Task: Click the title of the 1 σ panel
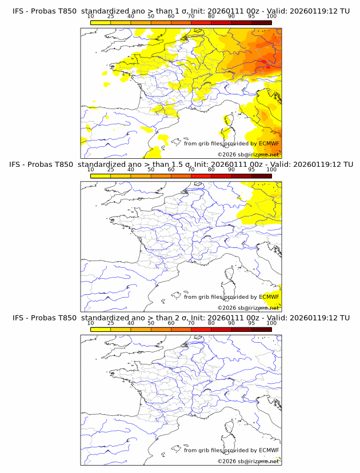click(x=181, y=11)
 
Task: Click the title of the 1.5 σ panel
click(x=181, y=165)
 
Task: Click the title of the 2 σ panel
click(x=181, y=318)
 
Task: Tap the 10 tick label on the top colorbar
click(x=90, y=17)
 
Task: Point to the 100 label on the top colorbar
click(x=271, y=17)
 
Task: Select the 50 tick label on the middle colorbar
click(x=151, y=170)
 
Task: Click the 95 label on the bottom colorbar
click(x=251, y=323)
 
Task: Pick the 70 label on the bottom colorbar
click(x=191, y=323)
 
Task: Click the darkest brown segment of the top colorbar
click(x=261, y=22)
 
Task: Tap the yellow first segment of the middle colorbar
click(x=101, y=176)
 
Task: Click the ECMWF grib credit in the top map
click(x=231, y=143)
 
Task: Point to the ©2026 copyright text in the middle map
click(x=248, y=307)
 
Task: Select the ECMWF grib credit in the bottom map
click(x=231, y=450)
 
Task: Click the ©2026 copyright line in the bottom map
click(x=248, y=461)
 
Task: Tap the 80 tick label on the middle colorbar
click(x=211, y=170)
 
